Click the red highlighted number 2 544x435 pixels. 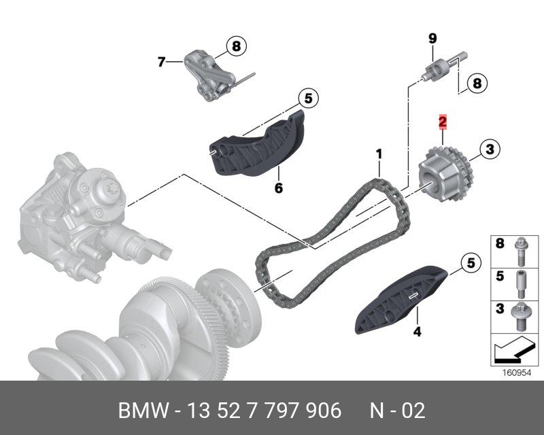[442, 122]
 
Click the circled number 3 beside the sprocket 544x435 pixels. [490, 148]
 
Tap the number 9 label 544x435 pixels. [432, 38]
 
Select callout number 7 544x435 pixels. [161, 62]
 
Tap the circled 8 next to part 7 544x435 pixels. [236, 46]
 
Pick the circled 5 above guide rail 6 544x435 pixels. [307, 99]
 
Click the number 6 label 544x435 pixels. [278, 188]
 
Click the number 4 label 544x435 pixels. [418, 332]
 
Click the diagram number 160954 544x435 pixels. [515, 372]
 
